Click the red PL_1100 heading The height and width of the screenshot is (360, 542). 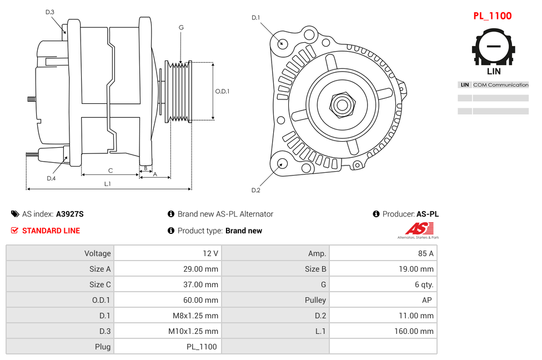492,16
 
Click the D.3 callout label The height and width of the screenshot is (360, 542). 50,12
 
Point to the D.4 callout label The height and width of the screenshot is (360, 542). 51,178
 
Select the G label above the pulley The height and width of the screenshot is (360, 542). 181,27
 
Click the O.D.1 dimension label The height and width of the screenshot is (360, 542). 222,91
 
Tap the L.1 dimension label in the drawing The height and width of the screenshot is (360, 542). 108,183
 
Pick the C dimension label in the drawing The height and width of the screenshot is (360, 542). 110,171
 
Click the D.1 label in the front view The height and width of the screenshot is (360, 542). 255,18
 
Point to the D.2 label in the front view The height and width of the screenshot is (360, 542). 255,191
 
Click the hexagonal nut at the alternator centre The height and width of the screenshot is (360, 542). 342,104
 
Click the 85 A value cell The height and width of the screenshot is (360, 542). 425,253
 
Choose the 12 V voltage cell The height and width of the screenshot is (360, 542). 210,253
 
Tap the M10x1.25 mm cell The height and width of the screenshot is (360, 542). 193,331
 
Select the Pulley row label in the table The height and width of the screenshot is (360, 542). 315,300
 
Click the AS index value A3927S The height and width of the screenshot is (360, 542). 69,214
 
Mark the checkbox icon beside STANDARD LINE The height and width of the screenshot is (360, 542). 14,231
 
